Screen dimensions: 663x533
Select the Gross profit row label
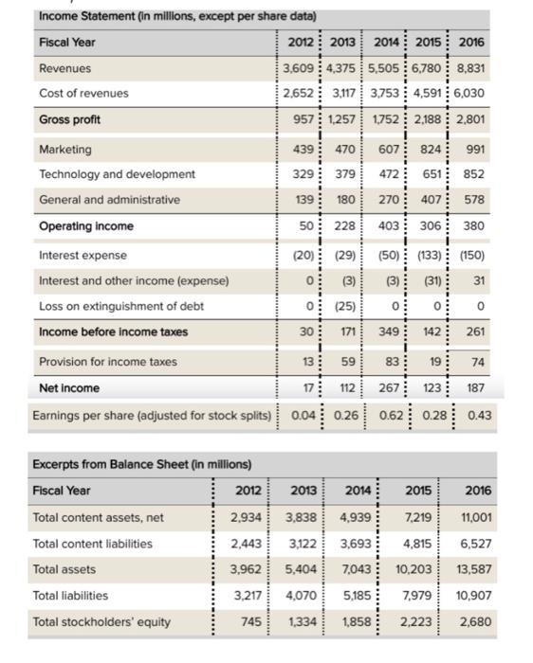point(70,120)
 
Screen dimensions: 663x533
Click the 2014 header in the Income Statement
point(390,43)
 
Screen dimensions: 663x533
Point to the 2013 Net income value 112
point(348,388)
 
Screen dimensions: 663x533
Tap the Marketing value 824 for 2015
point(432,150)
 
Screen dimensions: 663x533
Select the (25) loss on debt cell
point(348,307)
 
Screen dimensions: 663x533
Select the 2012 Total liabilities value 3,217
point(244,596)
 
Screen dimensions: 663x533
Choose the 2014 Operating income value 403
point(390,226)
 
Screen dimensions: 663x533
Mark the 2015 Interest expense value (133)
point(431,256)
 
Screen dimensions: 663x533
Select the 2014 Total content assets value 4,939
point(358,517)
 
